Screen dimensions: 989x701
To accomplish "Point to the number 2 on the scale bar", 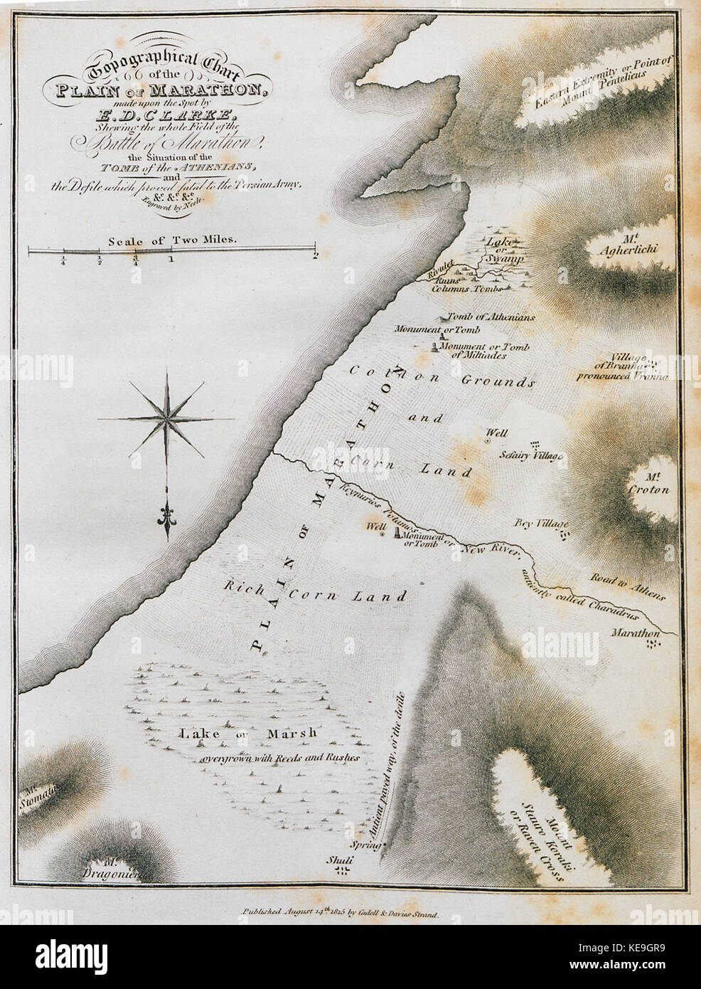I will tap(314, 258).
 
